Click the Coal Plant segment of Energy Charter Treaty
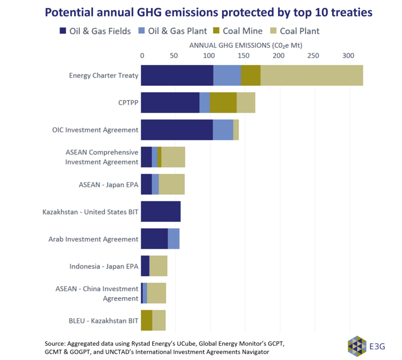[x=312, y=75]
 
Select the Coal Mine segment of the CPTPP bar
[x=223, y=103]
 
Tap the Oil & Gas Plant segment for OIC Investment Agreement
[x=223, y=130]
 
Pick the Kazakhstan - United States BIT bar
[x=161, y=211]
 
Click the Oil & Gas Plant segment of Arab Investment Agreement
[x=174, y=239]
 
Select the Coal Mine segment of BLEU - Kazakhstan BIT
[x=146, y=320]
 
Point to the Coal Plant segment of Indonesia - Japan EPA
[x=158, y=266]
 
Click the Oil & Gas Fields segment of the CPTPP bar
[x=170, y=103]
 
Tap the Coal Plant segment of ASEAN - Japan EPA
[x=172, y=184]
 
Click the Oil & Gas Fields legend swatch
[x=63, y=31]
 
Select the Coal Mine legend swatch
[x=217, y=31]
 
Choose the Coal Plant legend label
[x=300, y=31]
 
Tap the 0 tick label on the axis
[x=142, y=56]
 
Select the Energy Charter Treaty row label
[x=104, y=75]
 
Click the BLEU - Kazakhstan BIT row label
[x=104, y=321]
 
